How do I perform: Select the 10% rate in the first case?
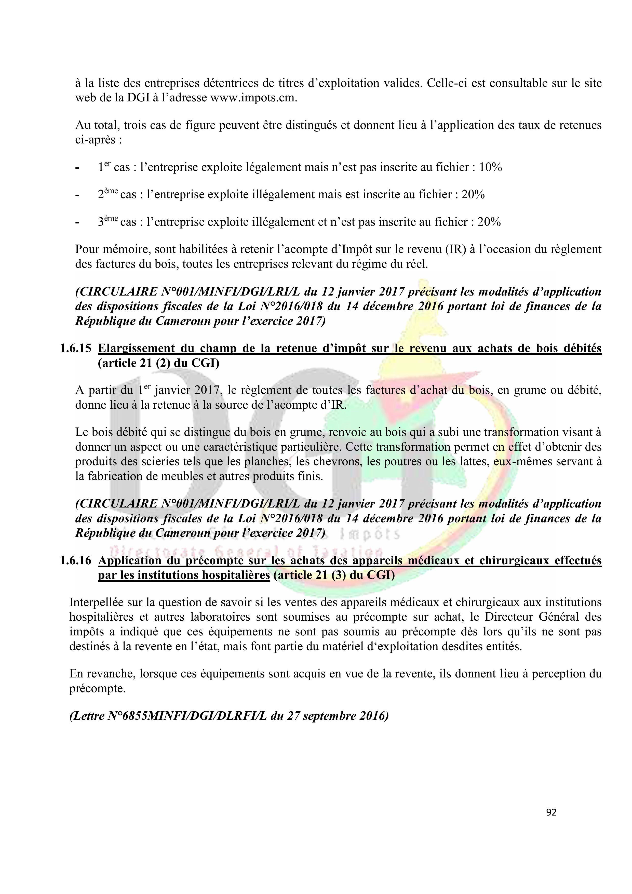490,167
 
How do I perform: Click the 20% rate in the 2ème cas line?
473,194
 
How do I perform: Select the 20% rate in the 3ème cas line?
489,222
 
